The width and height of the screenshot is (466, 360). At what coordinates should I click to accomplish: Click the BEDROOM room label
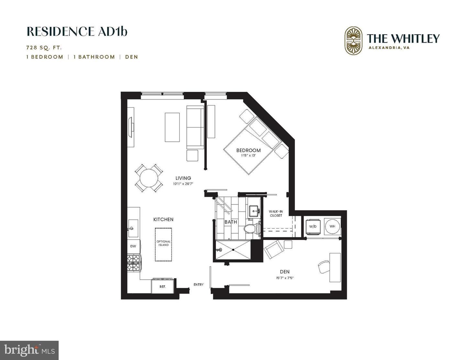pos(248,150)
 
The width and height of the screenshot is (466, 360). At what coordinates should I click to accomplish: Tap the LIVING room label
pos(183,178)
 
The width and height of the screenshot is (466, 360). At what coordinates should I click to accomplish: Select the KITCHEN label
pos(163,219)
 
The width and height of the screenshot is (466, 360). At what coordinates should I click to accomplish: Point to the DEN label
pos(285,272)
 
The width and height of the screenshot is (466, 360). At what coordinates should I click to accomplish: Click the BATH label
pos(231,222)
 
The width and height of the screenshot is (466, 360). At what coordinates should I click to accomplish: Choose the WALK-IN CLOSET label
pos(276,213)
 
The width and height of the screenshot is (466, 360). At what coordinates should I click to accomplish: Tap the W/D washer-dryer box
pos(313,226)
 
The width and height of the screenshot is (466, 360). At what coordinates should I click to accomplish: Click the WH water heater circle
pos(332,226)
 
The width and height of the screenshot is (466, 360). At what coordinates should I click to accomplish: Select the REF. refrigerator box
pos(163,286)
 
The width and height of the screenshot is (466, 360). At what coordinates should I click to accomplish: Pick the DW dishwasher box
pos(133,246)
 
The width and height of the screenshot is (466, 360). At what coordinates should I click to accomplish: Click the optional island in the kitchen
pos(163,244)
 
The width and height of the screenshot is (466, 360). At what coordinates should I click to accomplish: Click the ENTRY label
pos(198,285)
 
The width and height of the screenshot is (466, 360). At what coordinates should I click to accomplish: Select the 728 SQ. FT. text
pos(44,48)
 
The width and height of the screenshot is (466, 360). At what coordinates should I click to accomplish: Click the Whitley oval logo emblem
pos(353,40)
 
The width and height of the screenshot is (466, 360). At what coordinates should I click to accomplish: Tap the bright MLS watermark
pos(29,350)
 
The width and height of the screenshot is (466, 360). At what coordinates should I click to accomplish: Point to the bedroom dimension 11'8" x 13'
pos(248,156)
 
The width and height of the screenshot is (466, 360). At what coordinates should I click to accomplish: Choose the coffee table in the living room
pos(172,127)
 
